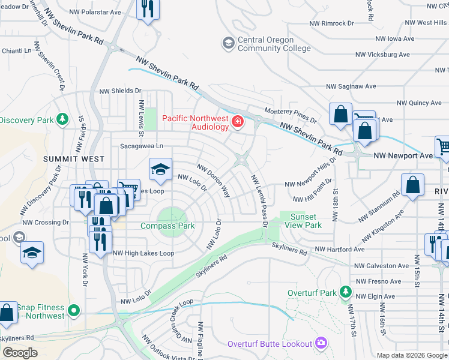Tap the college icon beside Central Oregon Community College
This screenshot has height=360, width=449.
point(228,43)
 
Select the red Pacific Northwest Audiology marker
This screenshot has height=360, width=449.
point(238,122)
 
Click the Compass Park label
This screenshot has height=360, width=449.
point(167,226)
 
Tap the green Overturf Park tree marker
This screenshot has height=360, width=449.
point(345,292)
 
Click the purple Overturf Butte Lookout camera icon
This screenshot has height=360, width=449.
point(321,343)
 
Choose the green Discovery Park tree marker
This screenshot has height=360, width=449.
point(61,119)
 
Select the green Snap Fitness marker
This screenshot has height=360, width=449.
point(73,311)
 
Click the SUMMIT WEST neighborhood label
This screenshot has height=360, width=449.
point(73,159)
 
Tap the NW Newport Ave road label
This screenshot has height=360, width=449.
point(403,155)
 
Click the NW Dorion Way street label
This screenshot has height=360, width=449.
point(214,181)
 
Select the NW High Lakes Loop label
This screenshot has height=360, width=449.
point(143,253)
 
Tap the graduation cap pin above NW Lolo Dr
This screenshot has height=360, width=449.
point(160,170)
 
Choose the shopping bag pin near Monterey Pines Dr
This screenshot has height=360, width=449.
point(340,115)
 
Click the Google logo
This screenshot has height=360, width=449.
point(20,353)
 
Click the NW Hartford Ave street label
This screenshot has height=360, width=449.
point(340,249)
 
